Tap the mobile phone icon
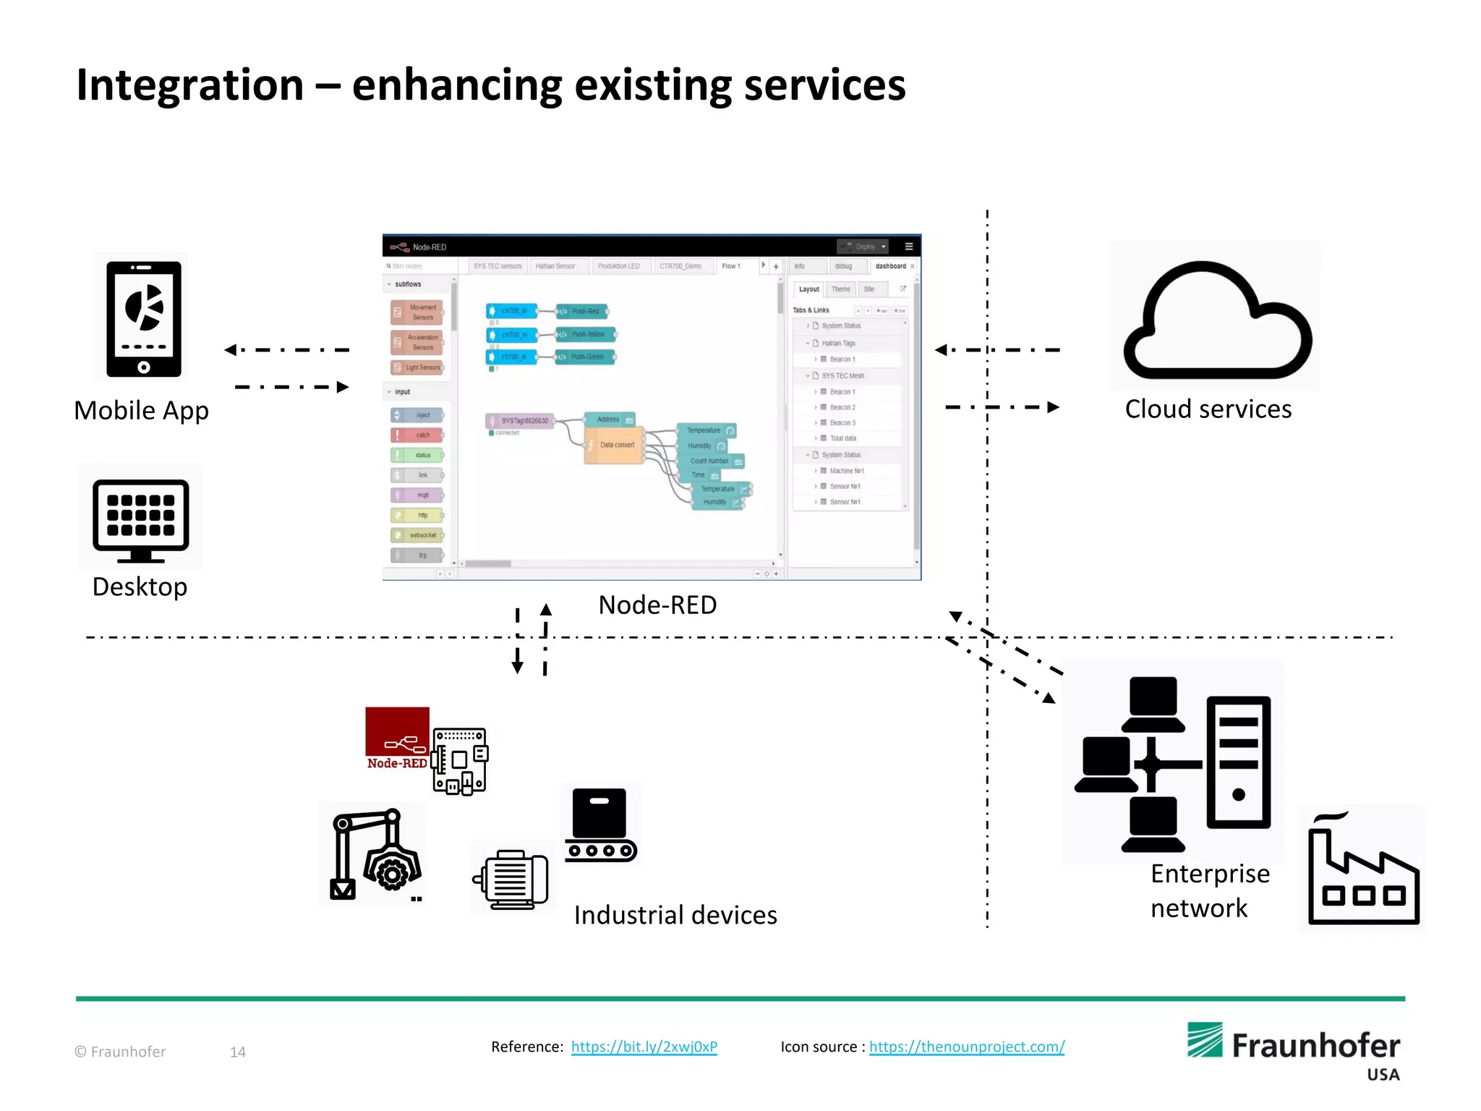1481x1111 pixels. click(x=143, y=318)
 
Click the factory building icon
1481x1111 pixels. click(x=1363, y=872)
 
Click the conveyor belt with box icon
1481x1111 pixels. click(x=600, y=825)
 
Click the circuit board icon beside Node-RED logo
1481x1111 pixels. click(x=461, y=760)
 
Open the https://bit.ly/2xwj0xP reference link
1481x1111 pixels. click(x=644, y=1047)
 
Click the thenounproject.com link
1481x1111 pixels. click(x=966, y=1047)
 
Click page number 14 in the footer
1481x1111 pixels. click(x=238, y=1052)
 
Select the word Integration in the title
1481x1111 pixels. click(x=190, y=85)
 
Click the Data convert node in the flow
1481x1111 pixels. click(x=615, y=445)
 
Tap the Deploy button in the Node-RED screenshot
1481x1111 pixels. click(x=863, y=247)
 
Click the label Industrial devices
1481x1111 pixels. click(x=675, y=915)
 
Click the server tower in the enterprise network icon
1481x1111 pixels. click(x=1238, y=761)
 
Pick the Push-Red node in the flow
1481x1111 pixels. click(x=583, y=312)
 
